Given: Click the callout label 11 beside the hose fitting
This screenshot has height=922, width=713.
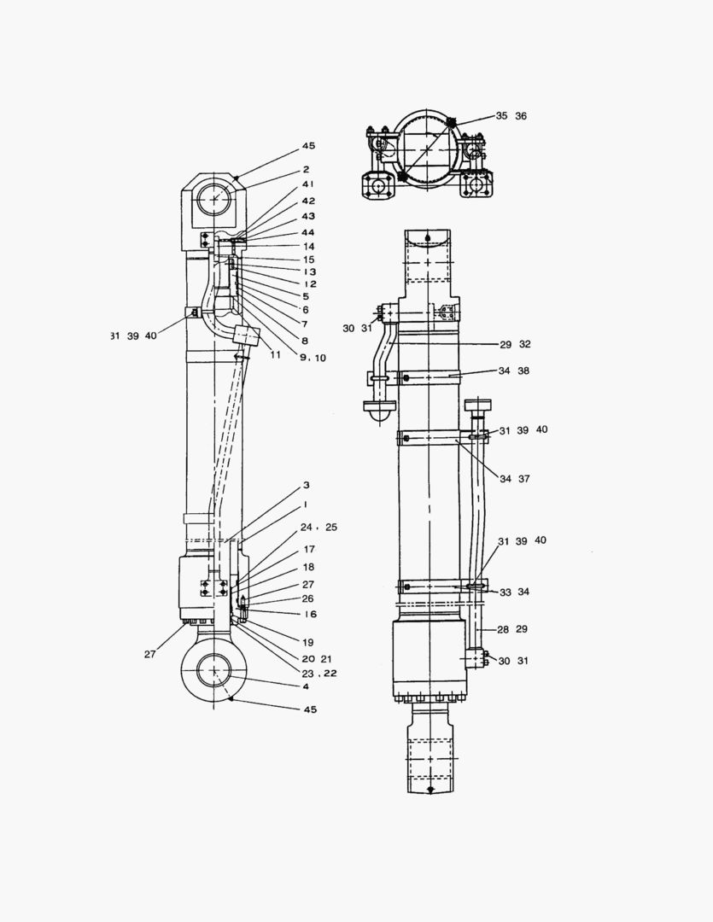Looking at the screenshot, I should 274,353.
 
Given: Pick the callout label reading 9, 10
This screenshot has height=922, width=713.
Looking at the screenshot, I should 312,359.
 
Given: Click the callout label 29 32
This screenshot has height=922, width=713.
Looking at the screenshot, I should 515,344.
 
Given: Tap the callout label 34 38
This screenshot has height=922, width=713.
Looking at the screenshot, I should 515,371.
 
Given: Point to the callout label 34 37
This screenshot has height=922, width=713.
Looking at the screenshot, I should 515,479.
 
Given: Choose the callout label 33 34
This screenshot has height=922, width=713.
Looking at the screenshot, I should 515,592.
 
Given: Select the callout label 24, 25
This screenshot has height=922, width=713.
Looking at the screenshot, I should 319,528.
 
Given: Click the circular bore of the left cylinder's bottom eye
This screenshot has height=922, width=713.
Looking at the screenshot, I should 213,671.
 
